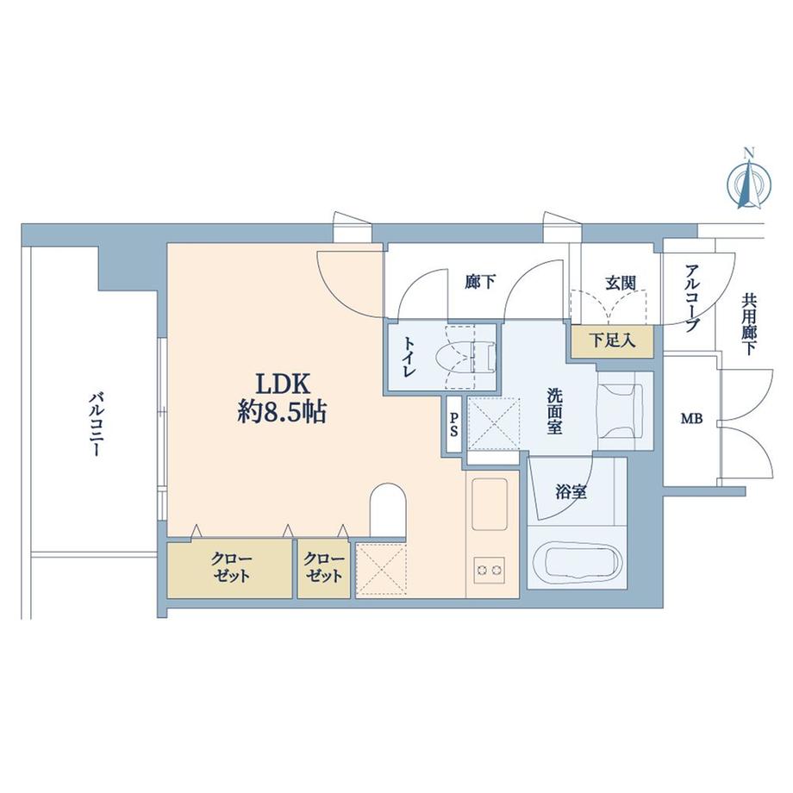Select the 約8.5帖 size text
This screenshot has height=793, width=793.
pyautogui.click(x=282, y=412)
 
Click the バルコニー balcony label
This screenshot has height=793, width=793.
pyautogui.click(x=96, y=425)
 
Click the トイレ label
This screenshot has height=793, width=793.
pyautogui.click(x=409, y=357)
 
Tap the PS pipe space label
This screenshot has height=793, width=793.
pyautogui.click(x=454, y=425)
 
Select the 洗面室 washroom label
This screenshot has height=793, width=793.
pyautogui.click(x=554, y=410)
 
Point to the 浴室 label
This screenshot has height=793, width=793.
pyautogui.click(x=571, y=492)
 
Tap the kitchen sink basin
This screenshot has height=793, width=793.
pyautogui.click(x=490, y=503)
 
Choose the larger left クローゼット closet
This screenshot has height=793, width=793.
pyautogui.click(x=230, y=568)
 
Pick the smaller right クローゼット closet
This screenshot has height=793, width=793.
pyautogui.click(x=324, y=568)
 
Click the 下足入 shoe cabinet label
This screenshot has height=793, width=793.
pyautogui.click(x=613, y=340)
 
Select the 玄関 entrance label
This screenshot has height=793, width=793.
pyautogui.click(x=621, y=283)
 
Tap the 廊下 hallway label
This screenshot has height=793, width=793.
pyautogui.click(x=480, y=282)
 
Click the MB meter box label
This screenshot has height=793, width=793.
pyautogui.click(x=691, y=419)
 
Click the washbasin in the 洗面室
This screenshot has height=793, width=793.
pyautogui.click(x=621, y=410)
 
